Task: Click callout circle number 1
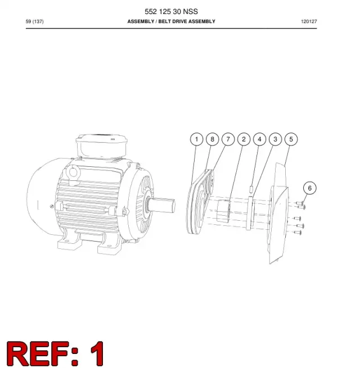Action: click(x=196, y=139)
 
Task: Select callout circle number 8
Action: click(x=212, y=139)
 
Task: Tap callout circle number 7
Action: click(x=228, y=139)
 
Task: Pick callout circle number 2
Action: click(x=244, y=139)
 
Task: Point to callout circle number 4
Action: click(x=259, y=139)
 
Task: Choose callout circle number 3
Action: click(x=275, y=139)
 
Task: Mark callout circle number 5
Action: click(x=291, y=139)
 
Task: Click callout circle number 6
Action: click(x=310, y=188)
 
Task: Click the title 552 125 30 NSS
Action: click(x=171, y=11)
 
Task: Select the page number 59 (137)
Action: click(x=34, y=21)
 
